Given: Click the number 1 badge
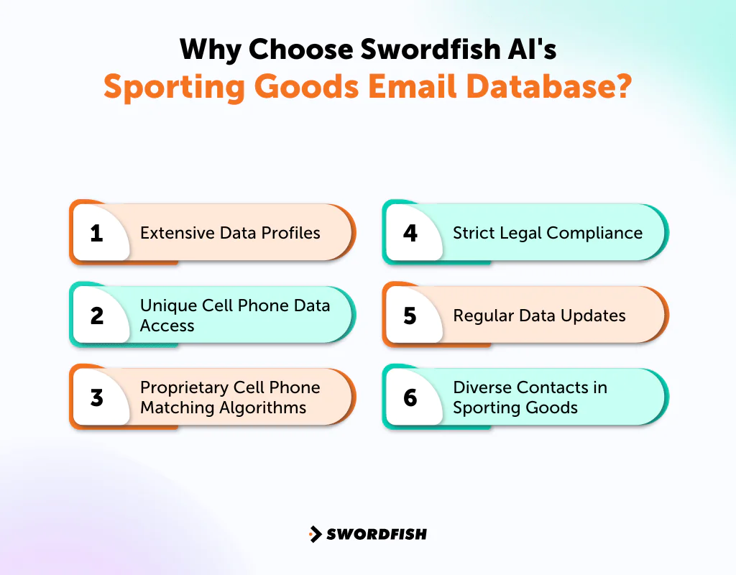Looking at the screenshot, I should tap(97, 233).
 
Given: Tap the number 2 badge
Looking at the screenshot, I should tap(97, 316).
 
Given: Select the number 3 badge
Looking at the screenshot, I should tap(97, 397).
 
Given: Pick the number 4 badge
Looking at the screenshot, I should tap(410, 233).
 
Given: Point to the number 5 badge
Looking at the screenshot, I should tap(410, 316).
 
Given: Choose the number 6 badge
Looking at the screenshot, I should tap(410, 397).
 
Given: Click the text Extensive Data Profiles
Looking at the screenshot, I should tap(230, 233).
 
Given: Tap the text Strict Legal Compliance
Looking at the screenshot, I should tap(547, 233).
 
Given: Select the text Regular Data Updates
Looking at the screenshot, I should tap(539, 316).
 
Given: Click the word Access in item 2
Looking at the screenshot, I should tap(167, 326).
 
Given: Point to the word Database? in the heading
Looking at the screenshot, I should tap(555, 86).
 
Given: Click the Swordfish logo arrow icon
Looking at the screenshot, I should tap(315, 534).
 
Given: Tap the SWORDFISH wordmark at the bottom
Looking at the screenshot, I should tap(377, 534).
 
